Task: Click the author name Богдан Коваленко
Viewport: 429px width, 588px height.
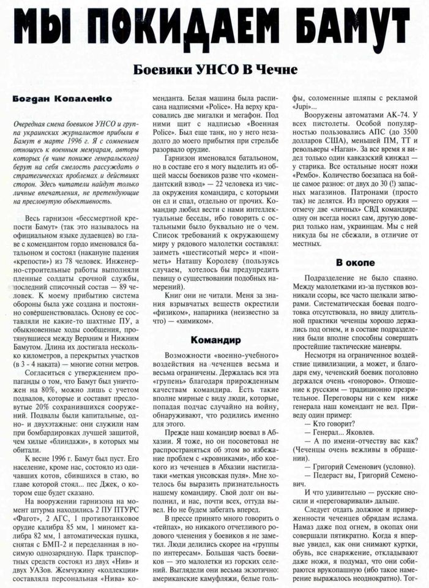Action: pos(54,98)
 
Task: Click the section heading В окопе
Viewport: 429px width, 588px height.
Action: pos(351,263)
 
